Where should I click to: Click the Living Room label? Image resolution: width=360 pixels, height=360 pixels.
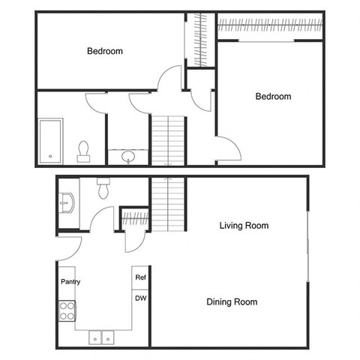pos(244,225)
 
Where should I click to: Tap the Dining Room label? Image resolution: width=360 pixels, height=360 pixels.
pos(232,302)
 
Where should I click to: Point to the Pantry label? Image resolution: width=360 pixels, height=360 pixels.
pos(71,282)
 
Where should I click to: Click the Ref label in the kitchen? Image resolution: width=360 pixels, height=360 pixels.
pos(140,277)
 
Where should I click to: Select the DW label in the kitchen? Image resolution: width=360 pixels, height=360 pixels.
pos(140,298)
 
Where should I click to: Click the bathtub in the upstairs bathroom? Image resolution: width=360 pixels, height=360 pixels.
pos(51,140)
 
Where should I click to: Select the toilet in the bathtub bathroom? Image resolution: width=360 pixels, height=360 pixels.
pos(83,151)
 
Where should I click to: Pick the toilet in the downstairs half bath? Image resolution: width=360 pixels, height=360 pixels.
pos(104,187)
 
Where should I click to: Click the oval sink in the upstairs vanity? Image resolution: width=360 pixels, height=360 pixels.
pos(128,157)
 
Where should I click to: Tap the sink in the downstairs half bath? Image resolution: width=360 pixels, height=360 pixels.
pos(66,202)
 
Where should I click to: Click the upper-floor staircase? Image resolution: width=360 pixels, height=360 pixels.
pos(167,139)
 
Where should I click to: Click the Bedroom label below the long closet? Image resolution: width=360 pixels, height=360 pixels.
pos(273,97)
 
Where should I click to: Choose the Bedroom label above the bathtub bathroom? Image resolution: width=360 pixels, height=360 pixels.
pos(105,51)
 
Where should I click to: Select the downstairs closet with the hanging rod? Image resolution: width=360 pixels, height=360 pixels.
pos(135,219)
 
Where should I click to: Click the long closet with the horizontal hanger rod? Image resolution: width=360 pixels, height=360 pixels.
pos(270,27)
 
